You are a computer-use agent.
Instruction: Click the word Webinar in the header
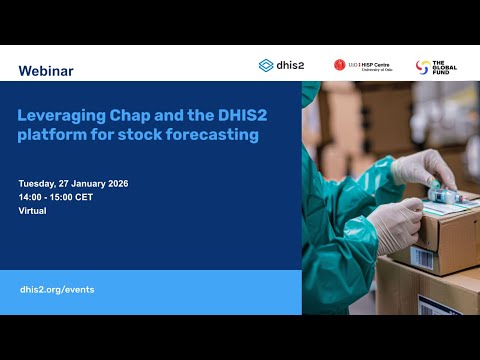click(x=46, y=71)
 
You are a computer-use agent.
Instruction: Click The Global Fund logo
click(x=436, y=67)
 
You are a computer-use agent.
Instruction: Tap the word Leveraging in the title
click(x=59, y=114)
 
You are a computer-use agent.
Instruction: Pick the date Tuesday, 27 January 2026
click(x=74, y=185)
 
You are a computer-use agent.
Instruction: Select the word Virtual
click(x=34, y=211)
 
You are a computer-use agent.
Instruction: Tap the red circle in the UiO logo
click(x=340, y=66)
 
